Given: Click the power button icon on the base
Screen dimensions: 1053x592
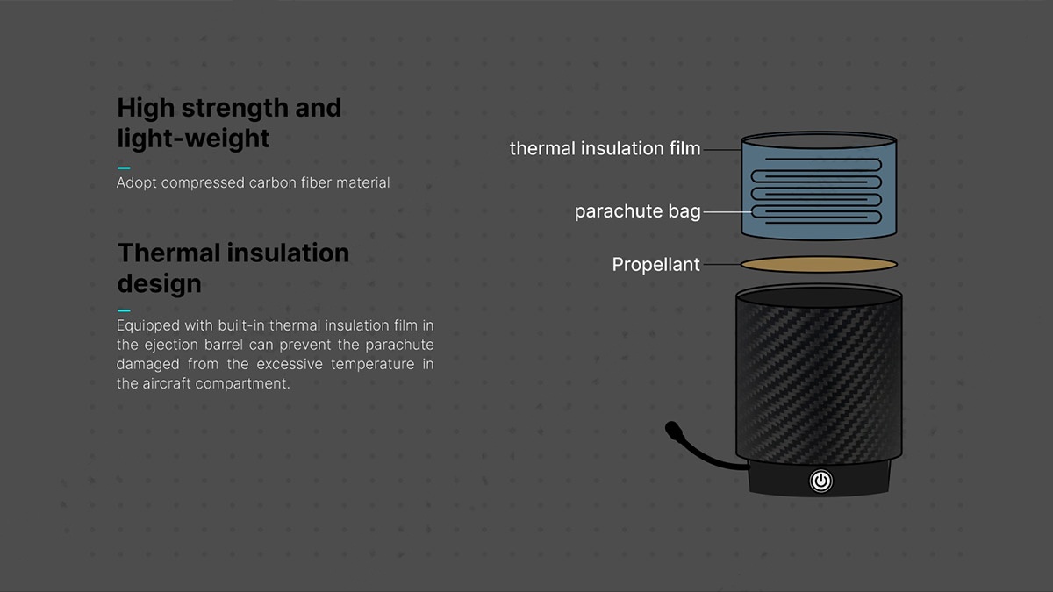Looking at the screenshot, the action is click(x=820, y=481).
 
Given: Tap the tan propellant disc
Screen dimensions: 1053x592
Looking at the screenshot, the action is click(x=819, y=265).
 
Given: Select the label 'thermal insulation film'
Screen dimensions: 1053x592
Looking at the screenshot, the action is click(x=605, y=148).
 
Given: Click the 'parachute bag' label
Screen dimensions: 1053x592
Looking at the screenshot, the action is click(x=637, y=211).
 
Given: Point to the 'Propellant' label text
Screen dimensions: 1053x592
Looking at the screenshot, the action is click(x=655, y=265).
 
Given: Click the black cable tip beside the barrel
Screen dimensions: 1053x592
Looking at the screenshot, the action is click(x=673, y=430).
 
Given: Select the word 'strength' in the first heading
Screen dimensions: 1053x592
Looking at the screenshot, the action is click(x=235, y=108).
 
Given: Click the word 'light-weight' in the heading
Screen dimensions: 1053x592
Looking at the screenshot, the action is click(x=193, y=139).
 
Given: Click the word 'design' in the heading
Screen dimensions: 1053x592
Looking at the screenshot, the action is click(x=160, y=283).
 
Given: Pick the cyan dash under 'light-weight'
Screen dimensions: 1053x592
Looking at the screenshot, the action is click(x=124, y=168).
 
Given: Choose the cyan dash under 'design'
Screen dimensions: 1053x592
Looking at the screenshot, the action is click(x=124, y=310).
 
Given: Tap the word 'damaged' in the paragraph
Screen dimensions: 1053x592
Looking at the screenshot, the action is click(x=148, y=364).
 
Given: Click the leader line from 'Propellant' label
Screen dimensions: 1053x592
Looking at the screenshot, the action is click(x=721, y=264).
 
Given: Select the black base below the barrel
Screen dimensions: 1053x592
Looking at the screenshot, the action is click(x=819, y=478).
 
